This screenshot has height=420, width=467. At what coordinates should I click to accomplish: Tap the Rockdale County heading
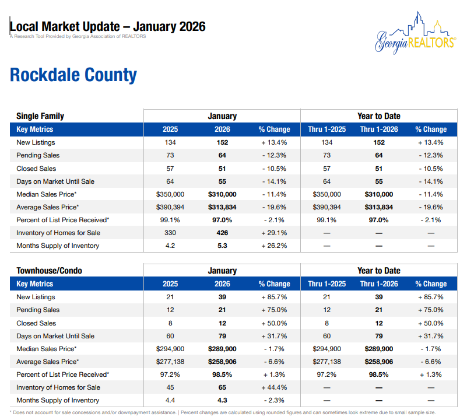coord(73,75)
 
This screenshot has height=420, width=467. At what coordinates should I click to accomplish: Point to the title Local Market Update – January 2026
coord(108,27)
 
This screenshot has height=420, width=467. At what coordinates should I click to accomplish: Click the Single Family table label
coord(40,116)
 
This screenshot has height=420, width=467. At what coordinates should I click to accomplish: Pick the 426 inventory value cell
coord(222,233)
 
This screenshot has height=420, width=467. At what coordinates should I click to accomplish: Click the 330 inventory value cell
coord(170,233)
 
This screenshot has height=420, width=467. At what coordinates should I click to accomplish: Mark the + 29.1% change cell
coord(274,233)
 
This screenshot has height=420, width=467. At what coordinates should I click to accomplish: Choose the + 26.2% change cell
coord(274,246)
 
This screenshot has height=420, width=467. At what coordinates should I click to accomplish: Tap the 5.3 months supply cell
coord(222,246)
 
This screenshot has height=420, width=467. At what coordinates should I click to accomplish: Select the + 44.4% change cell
coord(274,387)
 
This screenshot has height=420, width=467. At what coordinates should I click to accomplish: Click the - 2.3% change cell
coord(274,400)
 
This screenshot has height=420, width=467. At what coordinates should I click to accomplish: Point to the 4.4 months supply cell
coord(170,400)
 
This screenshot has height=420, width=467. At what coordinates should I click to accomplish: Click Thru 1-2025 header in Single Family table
coord(327,129)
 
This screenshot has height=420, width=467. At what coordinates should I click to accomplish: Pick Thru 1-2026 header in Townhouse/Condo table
coord(379,284)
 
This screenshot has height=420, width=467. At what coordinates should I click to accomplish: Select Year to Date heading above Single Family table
coord(379,116)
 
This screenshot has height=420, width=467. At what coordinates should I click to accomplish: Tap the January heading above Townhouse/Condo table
coord(222,271)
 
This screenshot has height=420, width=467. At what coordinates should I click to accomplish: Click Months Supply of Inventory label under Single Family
coord(58,246)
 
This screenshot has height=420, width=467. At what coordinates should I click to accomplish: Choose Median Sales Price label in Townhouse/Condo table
coord(47,349)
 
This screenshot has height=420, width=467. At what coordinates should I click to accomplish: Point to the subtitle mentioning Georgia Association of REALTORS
coord(78,36)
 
